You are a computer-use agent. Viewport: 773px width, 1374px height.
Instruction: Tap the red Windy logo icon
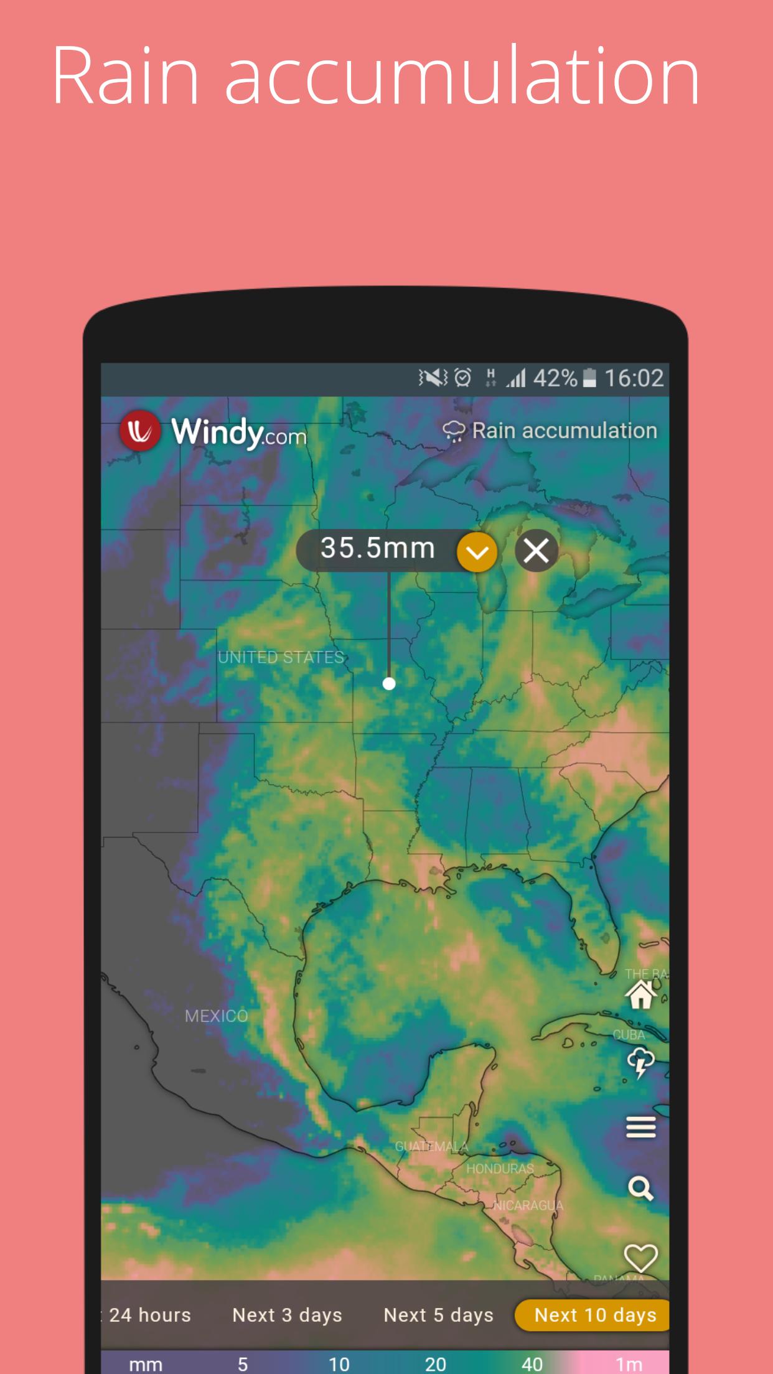[x=139, y=431]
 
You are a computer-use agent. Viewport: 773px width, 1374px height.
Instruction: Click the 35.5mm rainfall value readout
[x=377, y=549]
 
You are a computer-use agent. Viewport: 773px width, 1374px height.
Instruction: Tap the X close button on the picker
[x=536, y=551]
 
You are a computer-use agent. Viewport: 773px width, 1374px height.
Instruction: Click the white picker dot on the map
[x=389, y=684]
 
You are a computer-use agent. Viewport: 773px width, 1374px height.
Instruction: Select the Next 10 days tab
[x=594, y=1315]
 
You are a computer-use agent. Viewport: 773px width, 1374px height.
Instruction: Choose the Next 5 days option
[x=438, y=1315]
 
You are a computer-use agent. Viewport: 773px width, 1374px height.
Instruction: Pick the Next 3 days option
[x=287, y=1315]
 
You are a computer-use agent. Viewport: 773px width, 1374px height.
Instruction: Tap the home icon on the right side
[x=641, y=994]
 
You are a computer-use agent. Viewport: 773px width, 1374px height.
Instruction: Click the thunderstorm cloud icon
[x=641, y=1062]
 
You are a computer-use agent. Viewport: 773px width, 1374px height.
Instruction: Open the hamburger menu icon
[x=641, y=1126]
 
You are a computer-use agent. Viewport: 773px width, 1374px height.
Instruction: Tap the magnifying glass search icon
[x=641, y=1189]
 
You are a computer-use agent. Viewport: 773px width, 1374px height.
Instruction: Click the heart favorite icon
[x=641, y=1257]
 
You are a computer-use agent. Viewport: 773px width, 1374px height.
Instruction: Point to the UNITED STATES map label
[x=281, y=657]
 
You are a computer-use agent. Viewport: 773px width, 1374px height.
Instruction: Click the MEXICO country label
[x=216, y=1016]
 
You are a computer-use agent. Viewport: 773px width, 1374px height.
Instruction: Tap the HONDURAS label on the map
[x=500, y=1169]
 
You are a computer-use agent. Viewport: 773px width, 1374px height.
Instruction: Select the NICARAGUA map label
[x=528, y=1205]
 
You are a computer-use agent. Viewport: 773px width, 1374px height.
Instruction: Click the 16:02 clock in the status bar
[x=634, y=378]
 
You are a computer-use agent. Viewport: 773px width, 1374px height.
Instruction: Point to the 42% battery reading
[x=555, y=378]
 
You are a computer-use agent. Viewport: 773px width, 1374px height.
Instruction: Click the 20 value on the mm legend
[x=435, y=1364]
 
